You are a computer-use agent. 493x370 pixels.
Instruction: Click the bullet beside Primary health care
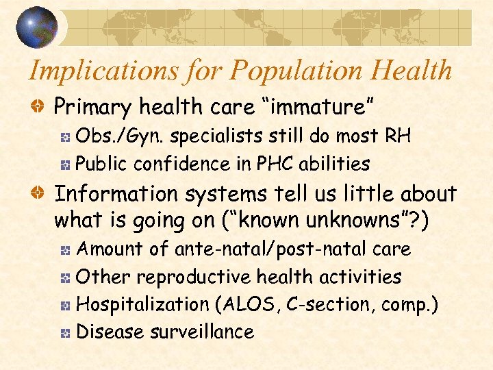point(41,107)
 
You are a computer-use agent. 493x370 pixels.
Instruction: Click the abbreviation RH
point(397,136)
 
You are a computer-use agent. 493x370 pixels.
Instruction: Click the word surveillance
point(207,332)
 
